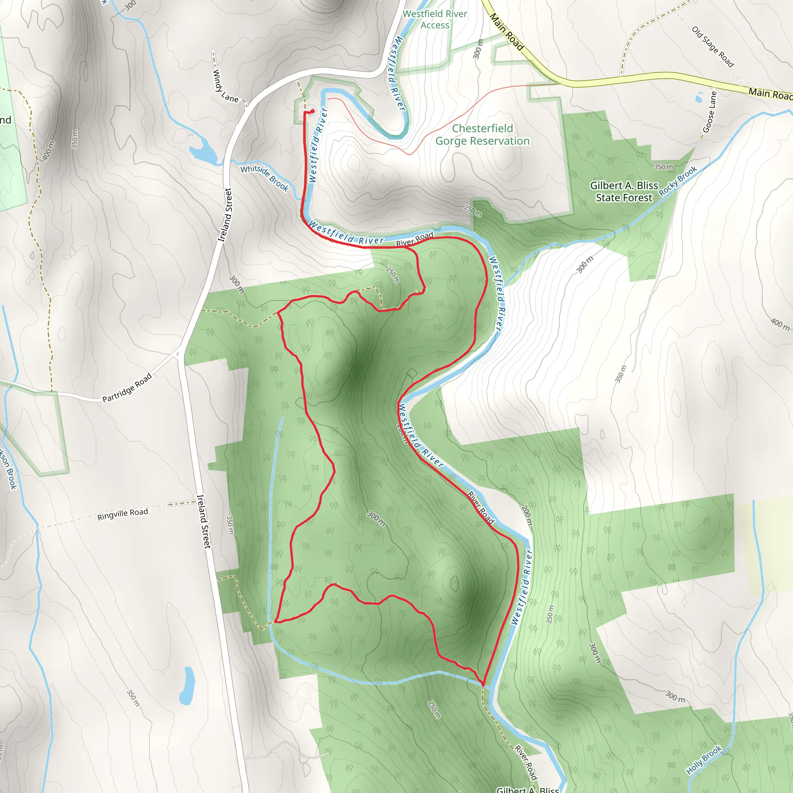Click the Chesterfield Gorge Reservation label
482,135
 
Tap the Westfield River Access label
435,19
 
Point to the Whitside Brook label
265,178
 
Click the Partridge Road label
127,388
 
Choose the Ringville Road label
122,514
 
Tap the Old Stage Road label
712,47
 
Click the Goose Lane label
709,112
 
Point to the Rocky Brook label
678,180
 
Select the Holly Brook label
704,760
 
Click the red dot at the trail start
312,111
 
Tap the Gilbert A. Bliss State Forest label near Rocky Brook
624,192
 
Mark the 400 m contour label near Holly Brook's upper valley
780,324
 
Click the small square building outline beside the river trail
411,374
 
